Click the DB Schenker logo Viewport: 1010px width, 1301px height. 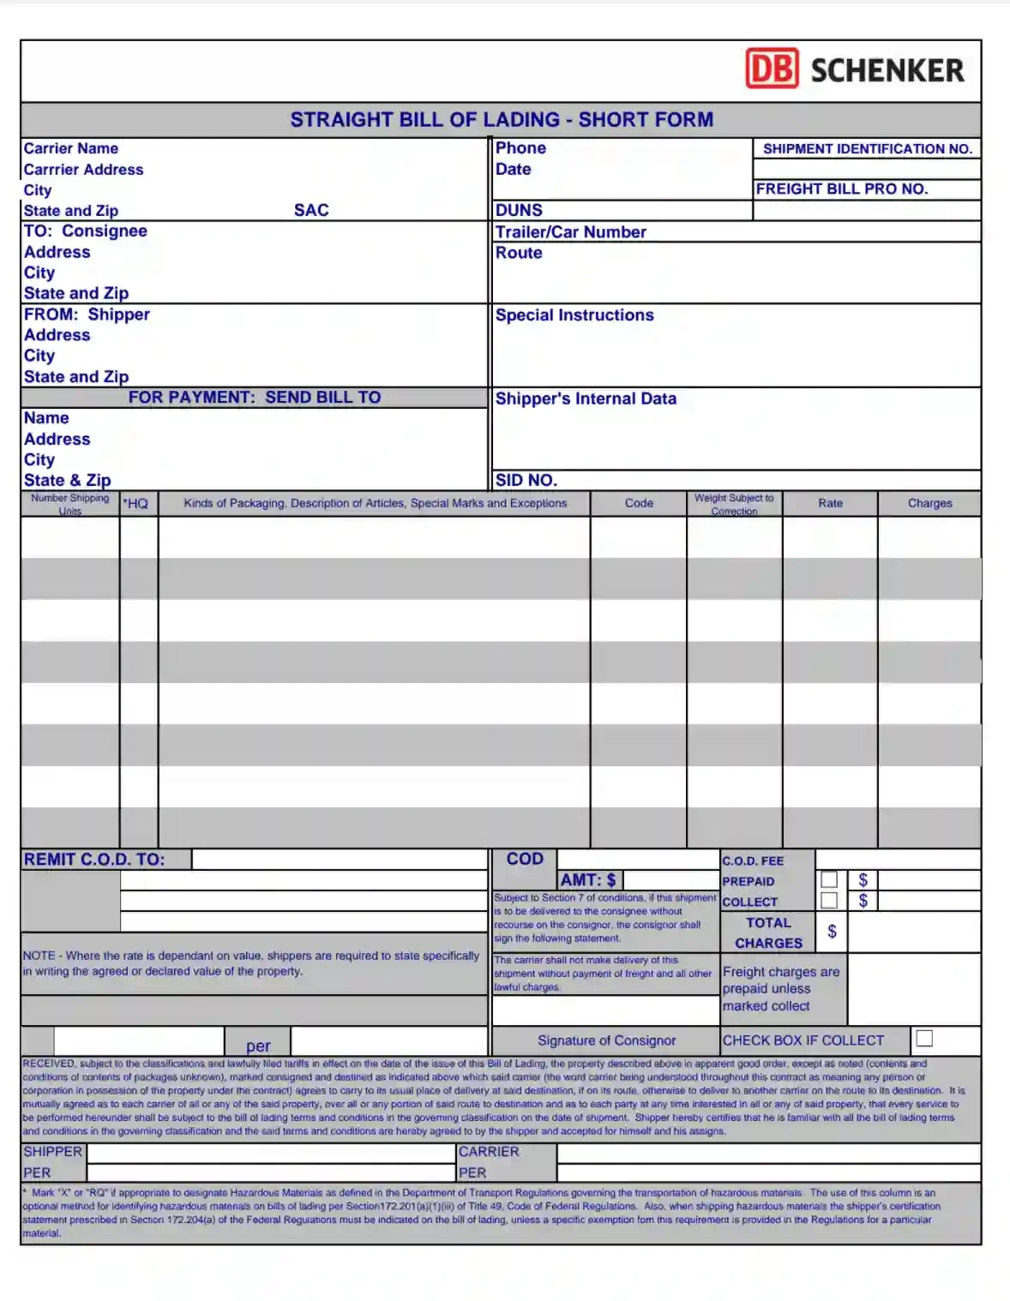point(855,69)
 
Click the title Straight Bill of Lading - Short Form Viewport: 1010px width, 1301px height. point(502,120)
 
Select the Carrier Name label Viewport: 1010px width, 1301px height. point(71,148)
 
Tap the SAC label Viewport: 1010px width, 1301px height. point(311,210)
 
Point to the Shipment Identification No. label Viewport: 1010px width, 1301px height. point(868,149)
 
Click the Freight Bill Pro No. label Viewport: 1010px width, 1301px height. point(842,189)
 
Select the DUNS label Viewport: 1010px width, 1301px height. point(519,210)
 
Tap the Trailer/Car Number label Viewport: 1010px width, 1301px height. point(571,232)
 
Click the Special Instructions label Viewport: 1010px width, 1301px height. point(574,315)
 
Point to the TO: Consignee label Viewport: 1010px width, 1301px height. point(86,231)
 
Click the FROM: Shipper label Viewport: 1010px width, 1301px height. point(87,315)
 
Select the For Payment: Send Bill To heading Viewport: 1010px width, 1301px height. point(255,398)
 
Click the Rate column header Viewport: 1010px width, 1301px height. point(830,503)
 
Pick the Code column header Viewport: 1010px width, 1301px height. point(639,503)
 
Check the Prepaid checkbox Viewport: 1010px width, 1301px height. point(829,879)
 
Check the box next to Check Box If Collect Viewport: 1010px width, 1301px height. point(924,1038)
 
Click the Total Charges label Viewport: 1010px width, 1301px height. point(768,932)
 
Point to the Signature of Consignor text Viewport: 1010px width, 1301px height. point(606,1040)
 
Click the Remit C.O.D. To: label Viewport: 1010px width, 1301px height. point(94,860)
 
